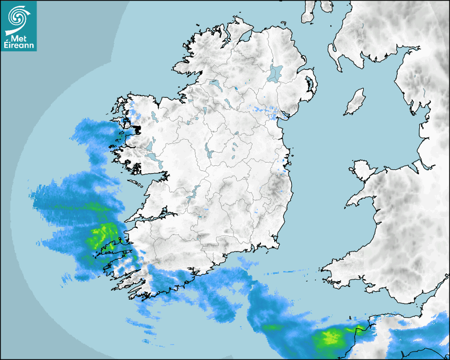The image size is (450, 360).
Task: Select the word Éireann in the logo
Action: point(19,46)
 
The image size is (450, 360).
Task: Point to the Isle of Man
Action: point(355,102)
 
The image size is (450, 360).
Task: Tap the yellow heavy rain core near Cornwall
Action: point(331,337)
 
